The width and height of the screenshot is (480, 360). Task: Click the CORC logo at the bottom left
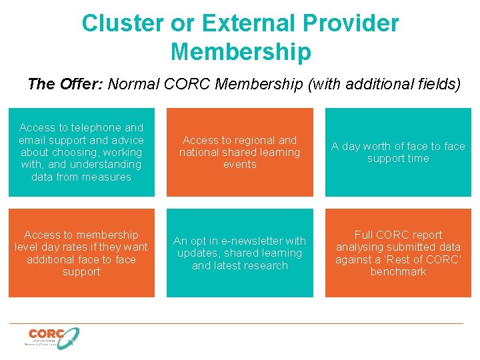tap(53, 337)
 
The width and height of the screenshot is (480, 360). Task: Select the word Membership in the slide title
tap(240, 51)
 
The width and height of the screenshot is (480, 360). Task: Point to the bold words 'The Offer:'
tap(65, 84)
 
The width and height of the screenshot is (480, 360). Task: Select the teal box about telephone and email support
tap(81, 152)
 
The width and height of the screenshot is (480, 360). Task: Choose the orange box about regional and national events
tap(240, 152)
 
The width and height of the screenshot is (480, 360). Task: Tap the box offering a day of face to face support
tap(398, 152)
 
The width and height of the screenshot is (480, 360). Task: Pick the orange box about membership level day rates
tap(81, 253)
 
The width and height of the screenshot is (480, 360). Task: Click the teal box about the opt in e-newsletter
tap(240, 253)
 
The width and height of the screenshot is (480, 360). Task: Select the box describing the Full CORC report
tap(398, 253)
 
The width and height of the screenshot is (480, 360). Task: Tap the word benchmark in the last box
tap(398, 272)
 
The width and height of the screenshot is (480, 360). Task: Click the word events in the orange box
tap(240, 165)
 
